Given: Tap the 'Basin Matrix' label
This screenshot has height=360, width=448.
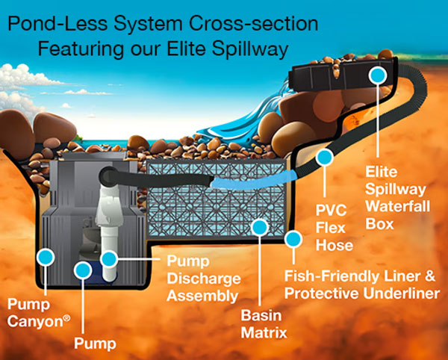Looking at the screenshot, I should (x=264, y=323).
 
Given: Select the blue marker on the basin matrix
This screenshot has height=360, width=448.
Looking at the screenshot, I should (x=260, y=225).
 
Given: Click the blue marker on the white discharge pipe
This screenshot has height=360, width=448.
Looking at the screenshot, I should (x=110, y=260).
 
